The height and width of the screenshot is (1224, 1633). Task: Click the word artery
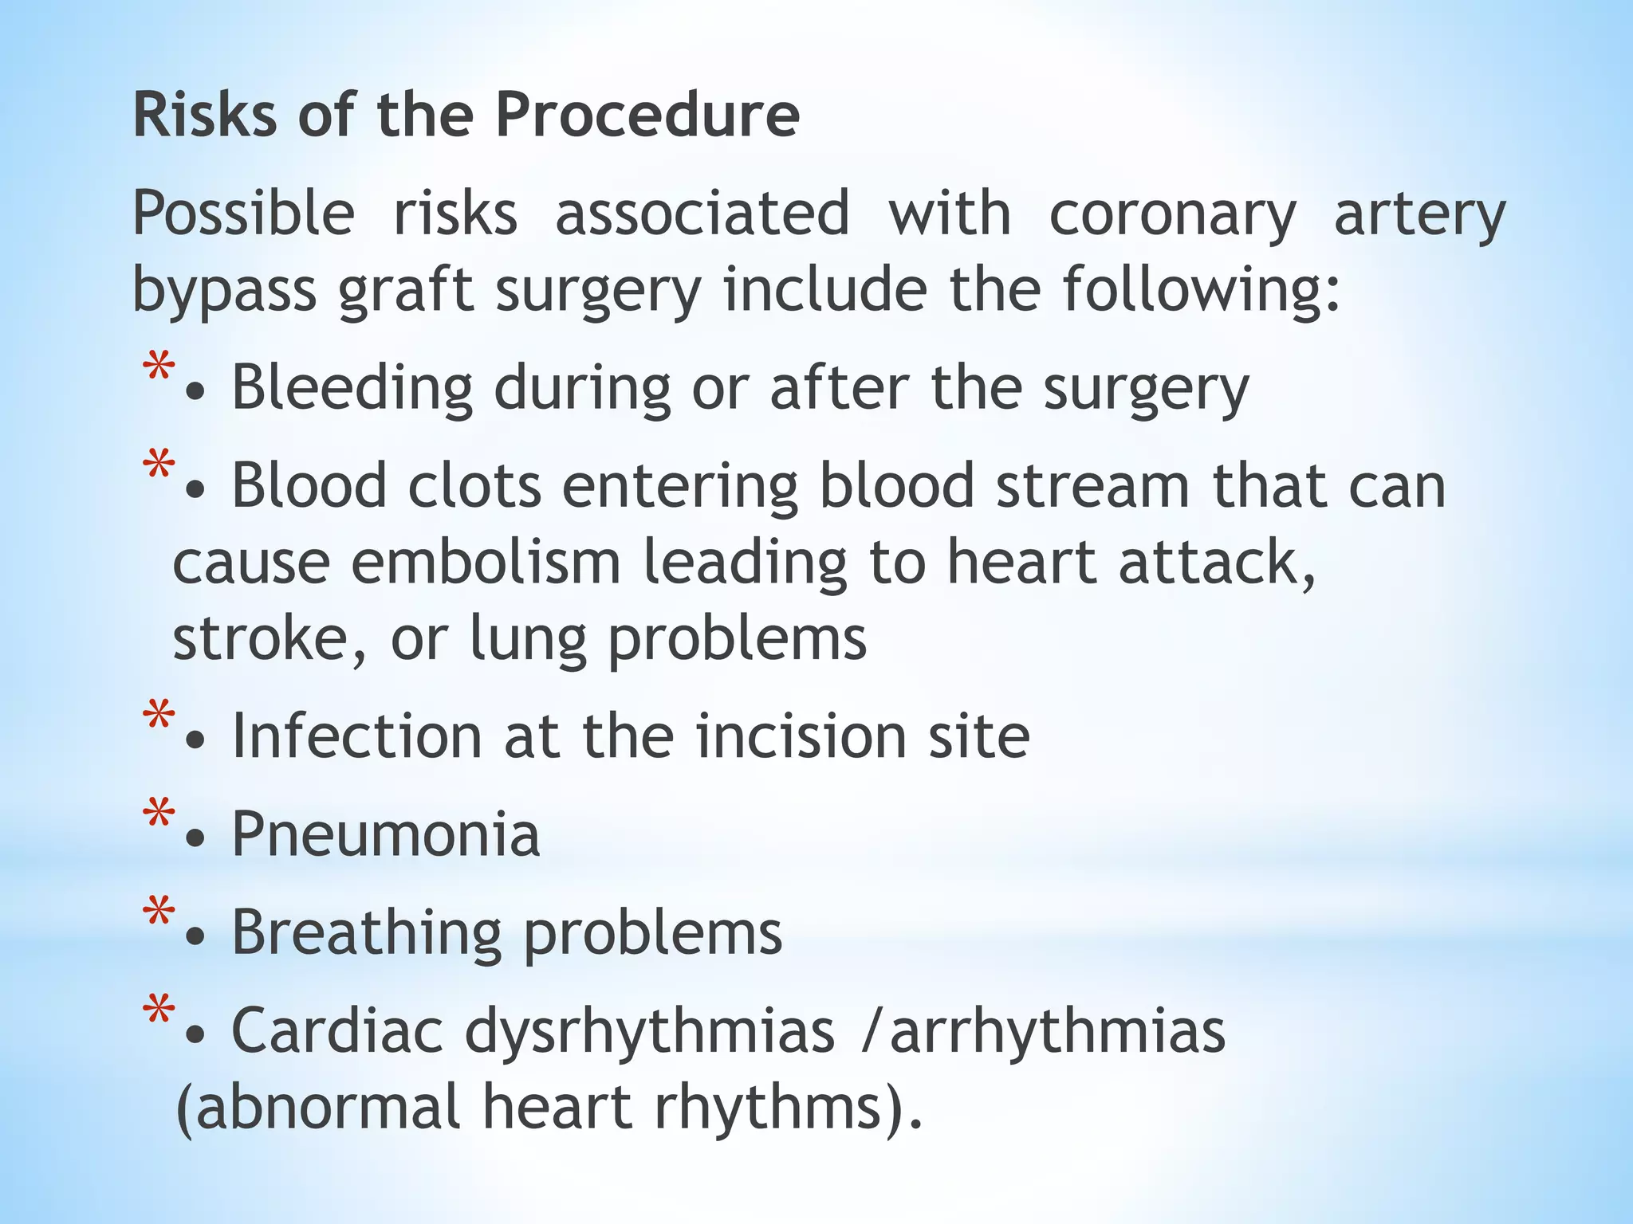1420,215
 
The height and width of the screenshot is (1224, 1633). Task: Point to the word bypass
224,290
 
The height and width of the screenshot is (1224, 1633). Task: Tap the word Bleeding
352,388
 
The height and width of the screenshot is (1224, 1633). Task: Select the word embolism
486,563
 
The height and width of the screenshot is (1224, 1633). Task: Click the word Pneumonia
386,834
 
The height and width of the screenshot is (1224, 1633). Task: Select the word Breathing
367,933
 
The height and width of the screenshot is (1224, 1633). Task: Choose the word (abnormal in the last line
318,1108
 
